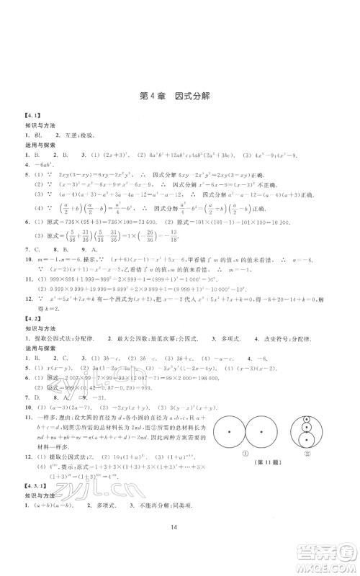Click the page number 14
pos(180,557)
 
